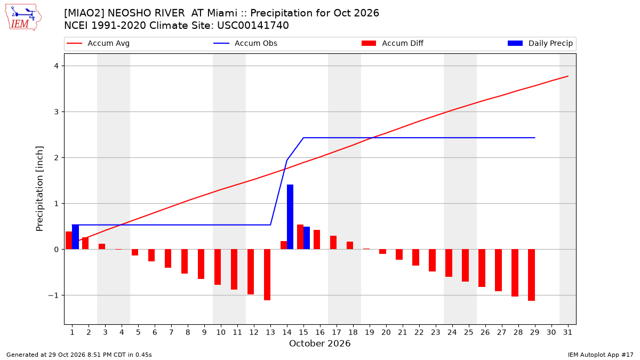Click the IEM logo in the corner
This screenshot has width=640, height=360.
click(x=23, y=18)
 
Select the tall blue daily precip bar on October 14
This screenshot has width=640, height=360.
click(x=290, y=217)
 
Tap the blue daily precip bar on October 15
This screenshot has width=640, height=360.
click(x=307, y=238)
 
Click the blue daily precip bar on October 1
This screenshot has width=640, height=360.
click(x=75, y=237)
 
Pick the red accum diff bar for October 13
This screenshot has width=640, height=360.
click(x=267, y=275)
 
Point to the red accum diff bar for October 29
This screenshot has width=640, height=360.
click(x=531, y=275)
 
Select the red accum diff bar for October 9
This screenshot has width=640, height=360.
click(x=201, y=264)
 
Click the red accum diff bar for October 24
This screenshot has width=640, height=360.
click(x=449, y=263)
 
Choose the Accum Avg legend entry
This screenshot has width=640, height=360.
click(x=98, y=43)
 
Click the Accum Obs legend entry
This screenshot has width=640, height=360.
click(x=245, y=43)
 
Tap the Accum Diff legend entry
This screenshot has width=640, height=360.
click(x=393, y=43)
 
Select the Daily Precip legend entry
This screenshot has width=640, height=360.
click(x=540, y=43)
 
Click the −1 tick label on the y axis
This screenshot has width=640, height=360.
click(x=53, y=295)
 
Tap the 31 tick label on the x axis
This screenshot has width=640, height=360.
click(x=567, y=333)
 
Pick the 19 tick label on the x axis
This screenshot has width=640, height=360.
click(x=370, y=333)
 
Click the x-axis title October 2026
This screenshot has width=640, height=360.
click(x=319, y=343)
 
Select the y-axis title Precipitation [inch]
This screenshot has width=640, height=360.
click(x=39, y=189)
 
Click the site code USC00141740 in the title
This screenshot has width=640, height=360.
click(x=253, y=26)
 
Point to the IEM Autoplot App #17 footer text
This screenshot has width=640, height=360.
click(x=601, y=355)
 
